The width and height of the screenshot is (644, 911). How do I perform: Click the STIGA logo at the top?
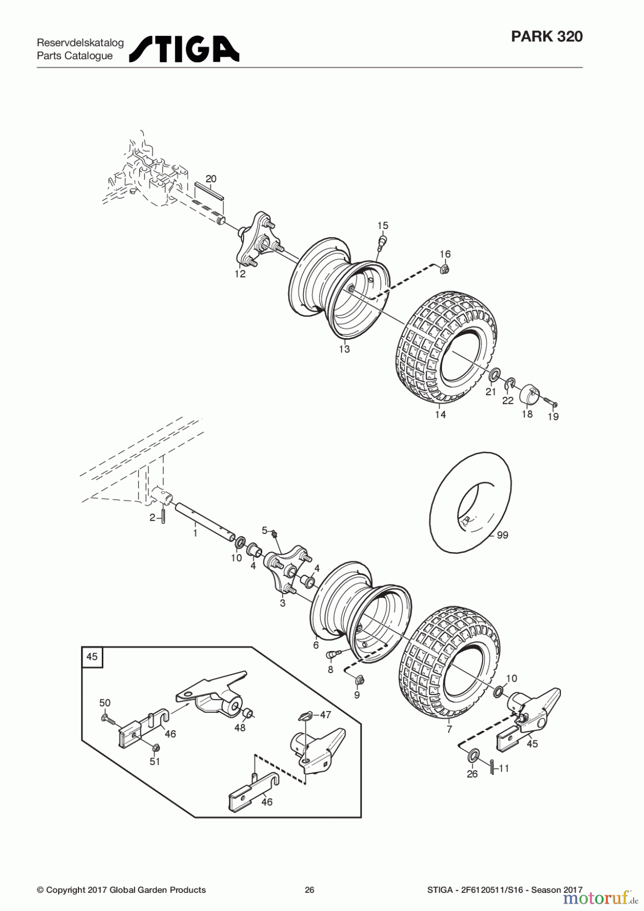point(184,49)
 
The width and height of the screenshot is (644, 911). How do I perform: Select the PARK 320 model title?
point(547,36)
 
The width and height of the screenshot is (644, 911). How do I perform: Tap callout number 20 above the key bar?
point(211,179)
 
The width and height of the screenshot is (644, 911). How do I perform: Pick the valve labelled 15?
point(383,240)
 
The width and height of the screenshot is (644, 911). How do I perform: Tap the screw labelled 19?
point(551,403)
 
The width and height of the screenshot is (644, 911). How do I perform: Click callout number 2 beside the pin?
point(152,518)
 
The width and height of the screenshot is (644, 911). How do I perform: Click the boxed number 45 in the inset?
point(92,657)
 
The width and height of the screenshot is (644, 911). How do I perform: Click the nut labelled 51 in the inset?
point(155,748)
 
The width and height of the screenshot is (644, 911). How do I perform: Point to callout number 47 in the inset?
point(325,715)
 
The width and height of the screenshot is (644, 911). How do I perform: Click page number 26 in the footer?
point(309,890)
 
